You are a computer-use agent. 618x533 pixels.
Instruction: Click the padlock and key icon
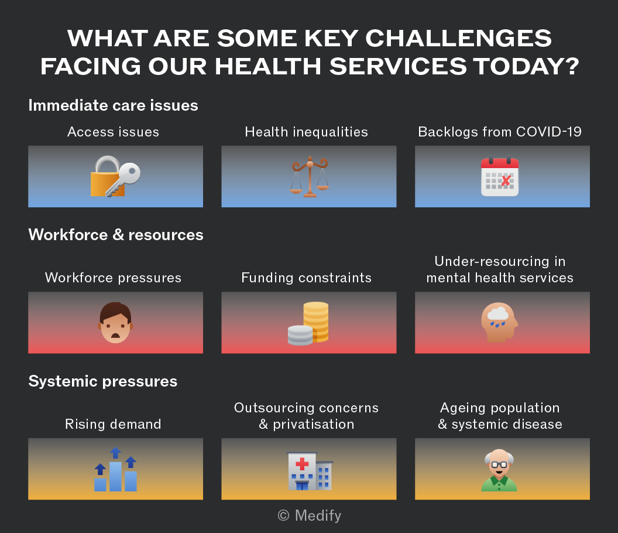pyautogui.click(x=115, y=176)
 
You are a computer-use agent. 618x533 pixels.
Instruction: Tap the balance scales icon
pyautogui.click(x=310, y=176)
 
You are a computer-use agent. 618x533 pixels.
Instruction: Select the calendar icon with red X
pyautogui.click(x=500, y=177)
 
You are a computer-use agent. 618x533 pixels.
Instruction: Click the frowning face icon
pyautogui.click(x=115, y=323)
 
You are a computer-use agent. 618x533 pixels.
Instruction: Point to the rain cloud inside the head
pyautogui.click(x=498, y=314)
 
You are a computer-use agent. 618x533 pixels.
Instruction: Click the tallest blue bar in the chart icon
pyautogui.click(x=115, y=476)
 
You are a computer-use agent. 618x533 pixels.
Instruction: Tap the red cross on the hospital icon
pyautogui.click(x=302, y=463)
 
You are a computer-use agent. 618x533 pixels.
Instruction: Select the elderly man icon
pyautogui.click(x=499, y=470)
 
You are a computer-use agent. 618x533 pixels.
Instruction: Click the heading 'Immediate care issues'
pyautogui.click(x=113, y=105)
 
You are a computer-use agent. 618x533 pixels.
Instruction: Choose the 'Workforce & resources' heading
pyautogui.click(x=116, y=235)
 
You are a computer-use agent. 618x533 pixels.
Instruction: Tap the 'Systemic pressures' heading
pyautogui.click(x=103, y=381)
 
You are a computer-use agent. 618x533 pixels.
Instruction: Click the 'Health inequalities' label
pyautogui.click(x=306, y=132)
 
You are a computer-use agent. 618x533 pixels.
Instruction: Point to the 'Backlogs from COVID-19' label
pyautogui.click(x=500, y=132)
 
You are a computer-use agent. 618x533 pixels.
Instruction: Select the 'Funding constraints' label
pyautogui.click(x=306, y=278)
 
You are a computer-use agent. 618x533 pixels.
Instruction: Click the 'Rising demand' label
pyautogui.click(x=113, y=424)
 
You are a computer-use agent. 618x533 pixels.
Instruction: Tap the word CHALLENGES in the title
pyautogui.click(x=458, y=38)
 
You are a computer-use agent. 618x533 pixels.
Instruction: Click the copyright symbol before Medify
pyautogui.click(x=283, y=515)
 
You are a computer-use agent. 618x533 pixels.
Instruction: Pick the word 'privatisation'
pyautogui.click(x=314, y=424)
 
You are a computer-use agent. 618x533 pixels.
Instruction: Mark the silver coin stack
pyautogui.click(x=300, y=336)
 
